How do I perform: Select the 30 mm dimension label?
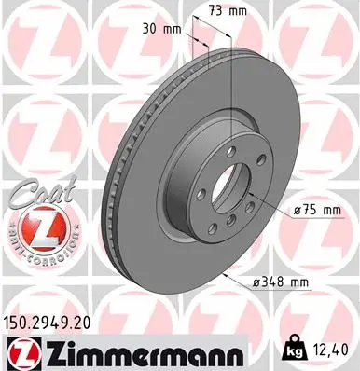(x=160, y=28)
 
